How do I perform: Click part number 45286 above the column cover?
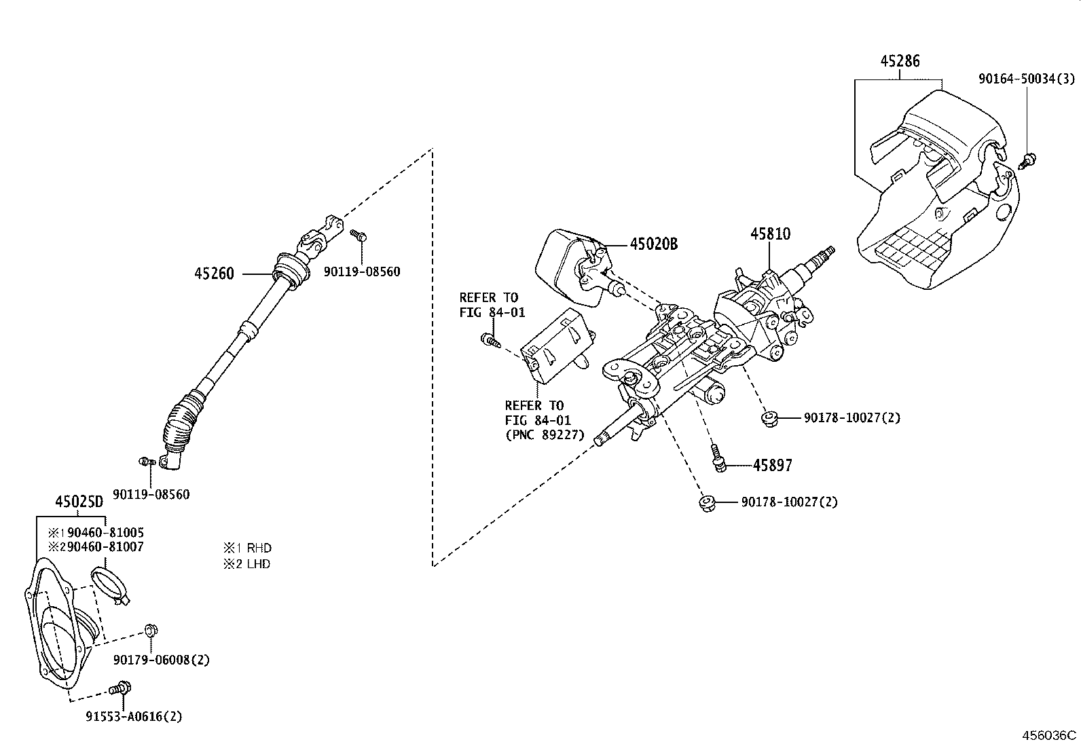(x=900, y=61)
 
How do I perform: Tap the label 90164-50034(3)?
(x=1026, y=79)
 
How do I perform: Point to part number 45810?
(x=770, y=234)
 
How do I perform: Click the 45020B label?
(x=653, y=244)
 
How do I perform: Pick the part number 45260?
(x=214, y=274)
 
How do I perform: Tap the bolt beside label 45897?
(x=718, y=462)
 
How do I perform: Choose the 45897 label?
(x=772, y=465)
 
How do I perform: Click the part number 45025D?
(x=79, y=502)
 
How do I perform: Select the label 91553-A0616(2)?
(x=134, y=716)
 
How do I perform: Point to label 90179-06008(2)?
(x=162, y=660)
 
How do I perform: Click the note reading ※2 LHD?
(x=247, y=563)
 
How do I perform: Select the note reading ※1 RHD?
(x=247, y=548)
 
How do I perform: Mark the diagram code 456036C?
(x=1050, y=735)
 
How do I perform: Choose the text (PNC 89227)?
(x=545, y=434)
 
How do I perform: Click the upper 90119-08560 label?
(x=362, y=272)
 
